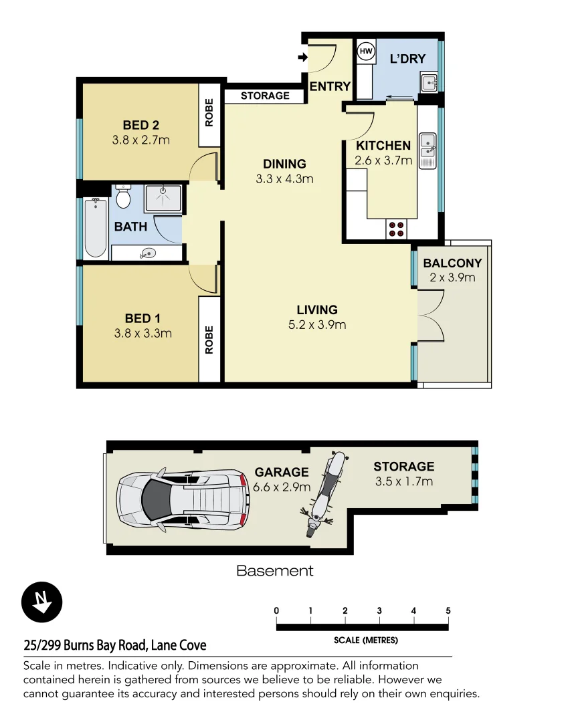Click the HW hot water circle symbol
(x=366, y=51)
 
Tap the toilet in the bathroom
(x=122, y=197)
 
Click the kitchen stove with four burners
(x=396, y=229)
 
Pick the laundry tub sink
(x=429, y=83)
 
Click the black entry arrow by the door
(x=302, y=57)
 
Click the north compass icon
(x=42, y=602)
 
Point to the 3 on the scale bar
(x=379, y=610)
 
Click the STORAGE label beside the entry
(x=265, y=96)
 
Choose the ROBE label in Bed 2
(x=209, y=114)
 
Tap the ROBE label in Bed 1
(x=209, y=340)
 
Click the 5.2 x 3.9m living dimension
(x=317, y=326)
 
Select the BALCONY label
(x=452, y=263)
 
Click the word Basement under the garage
(x=274, y=571)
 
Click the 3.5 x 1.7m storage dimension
(x=403, y=481)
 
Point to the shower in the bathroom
(x=163, y=199)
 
